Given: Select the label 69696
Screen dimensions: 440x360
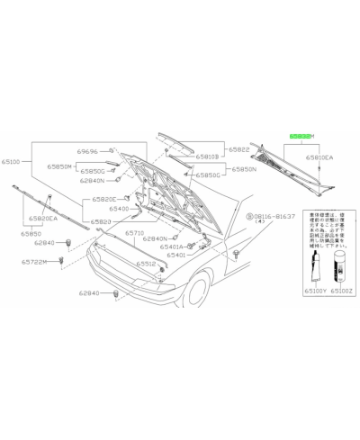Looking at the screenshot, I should point(87,152).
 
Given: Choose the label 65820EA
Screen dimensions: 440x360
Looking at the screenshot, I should point(42,219).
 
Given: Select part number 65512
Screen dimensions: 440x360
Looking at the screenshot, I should point(148,264).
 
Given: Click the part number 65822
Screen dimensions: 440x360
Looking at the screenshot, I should point(238,150).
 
